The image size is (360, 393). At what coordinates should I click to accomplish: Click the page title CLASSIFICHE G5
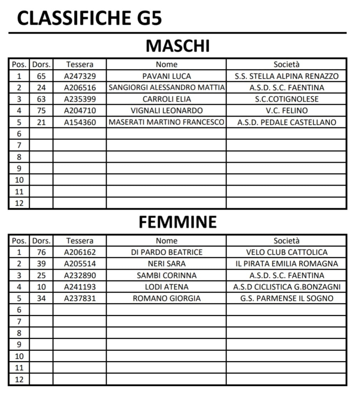pyautogui.click(x=89, y=18)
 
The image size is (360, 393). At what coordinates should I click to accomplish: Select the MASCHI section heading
pyautogui.click(x=178, y=46)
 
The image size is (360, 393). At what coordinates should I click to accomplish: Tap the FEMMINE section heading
pyautogui.click(x=178, y=222)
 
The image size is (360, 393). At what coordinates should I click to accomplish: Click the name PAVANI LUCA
pyautogui.click(x=167, y=76)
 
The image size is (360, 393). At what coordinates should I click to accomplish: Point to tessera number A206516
pyautogui.click(x=80, y=88)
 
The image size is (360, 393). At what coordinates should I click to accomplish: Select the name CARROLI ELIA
pyautogui.click(x=167, y=99)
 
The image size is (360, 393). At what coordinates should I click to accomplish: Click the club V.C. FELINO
pyautogui.click(x=286, y=110)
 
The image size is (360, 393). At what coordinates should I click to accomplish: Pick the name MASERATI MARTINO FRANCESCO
pyautogui.click(x=167, y=122)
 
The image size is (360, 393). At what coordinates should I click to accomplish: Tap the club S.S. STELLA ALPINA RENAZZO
pyautogui.click(x=286, y=76)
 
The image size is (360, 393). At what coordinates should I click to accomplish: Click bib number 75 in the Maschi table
pyautogui.click(x=41, y=110)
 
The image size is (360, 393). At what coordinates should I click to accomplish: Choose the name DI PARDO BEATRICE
pyautogui.click(x=167, y=252)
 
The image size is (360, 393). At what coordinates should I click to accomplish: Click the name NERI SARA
pyautogui.click(x=167, y=264)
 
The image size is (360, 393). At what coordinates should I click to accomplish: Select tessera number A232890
pyautogui.click(x=80, y=276)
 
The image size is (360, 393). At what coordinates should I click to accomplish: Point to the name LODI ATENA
pyautogui.click(x=167, y=287)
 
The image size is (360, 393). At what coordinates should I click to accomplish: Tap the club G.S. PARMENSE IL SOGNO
pyautogui.click(x=286, y=298)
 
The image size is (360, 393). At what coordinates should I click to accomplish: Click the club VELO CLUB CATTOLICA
pyautogui.click(x=286, y=252)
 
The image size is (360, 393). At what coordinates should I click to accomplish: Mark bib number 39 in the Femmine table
pyautogui.click(x=41, y=264)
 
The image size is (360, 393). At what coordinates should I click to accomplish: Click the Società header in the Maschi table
pyautogui.click(x=286, y=65)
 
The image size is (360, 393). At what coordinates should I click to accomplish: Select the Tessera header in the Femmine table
pyautogui.click(x=80, y=241)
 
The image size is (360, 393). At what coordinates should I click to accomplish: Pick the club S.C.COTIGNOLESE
pyautogui.click(x=286, y=99)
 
